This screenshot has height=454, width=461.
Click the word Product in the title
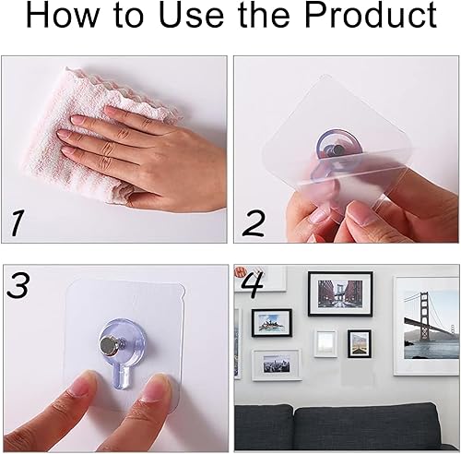[371, 15]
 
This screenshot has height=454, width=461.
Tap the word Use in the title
[192, 16]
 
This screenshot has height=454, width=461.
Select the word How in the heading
[61, 16]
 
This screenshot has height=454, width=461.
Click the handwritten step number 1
[16, 223]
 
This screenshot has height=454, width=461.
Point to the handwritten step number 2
[254, 223]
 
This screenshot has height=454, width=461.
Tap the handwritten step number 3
[18, 285]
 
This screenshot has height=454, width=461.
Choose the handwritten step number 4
[253, 284]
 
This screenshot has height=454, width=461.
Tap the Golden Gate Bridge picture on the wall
[427, 326]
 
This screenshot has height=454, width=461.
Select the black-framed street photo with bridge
[340, 293]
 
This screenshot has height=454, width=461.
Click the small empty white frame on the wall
[325, 343]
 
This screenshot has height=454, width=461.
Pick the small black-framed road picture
[359, 343]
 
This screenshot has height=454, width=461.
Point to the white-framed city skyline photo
[277, 364]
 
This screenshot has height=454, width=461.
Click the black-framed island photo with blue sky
[272, 323]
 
